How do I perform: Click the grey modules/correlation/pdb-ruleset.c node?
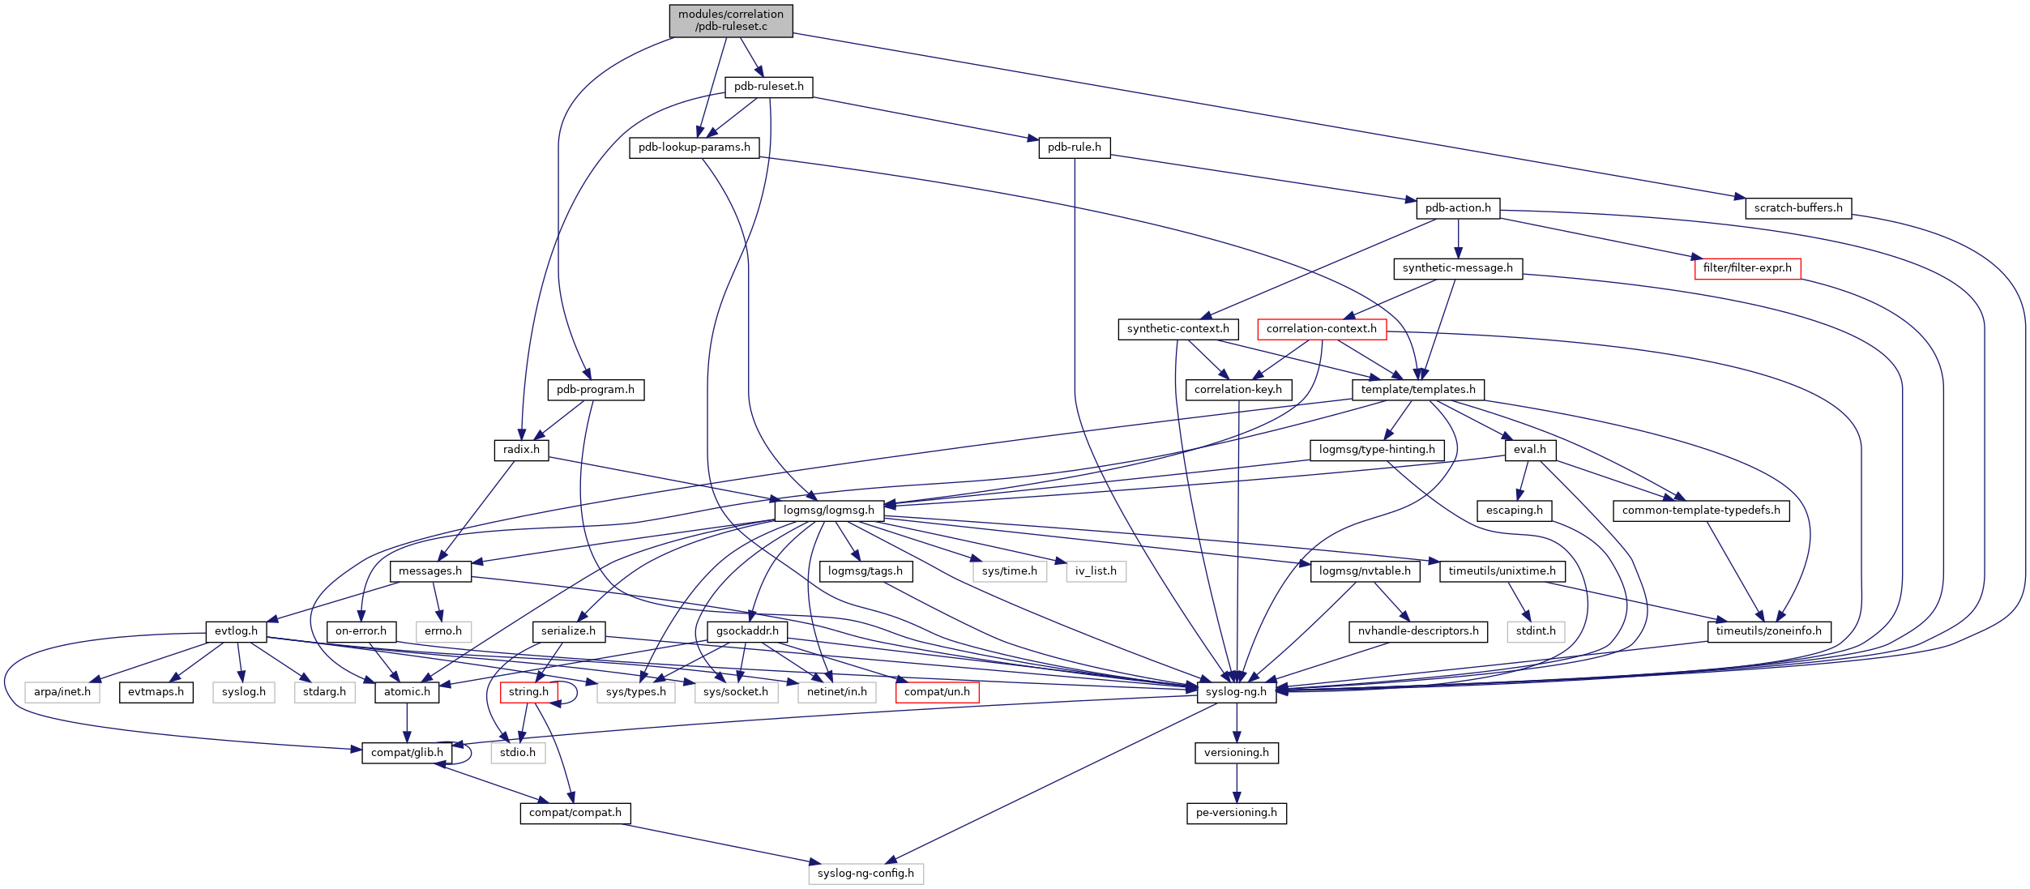pos(730,20)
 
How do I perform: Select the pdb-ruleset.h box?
pos(768,87)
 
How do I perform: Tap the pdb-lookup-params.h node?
pos(694,147)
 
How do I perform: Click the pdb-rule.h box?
pos(1074,147)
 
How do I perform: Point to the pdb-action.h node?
pos(1458,208)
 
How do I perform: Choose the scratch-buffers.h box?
pos(1797,208)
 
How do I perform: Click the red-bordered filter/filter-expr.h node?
pos(1747,268)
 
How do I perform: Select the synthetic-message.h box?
pos(1457,268)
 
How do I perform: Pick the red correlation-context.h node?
pos(1321,329)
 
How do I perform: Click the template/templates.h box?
pos(1418,390)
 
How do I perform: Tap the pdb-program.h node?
pos(595,390)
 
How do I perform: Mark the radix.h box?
pos(520,450)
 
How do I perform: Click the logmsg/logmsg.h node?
pos(828,511)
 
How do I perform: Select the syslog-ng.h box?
pos(1236,692)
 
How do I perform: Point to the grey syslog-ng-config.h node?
pos(865,874)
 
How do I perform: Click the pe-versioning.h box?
pos(1236,813)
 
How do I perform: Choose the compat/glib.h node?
pos(407,753)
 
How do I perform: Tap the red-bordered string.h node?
pos(528,692)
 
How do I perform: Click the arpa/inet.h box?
pos(62,692)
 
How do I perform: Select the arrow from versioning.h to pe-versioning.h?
pos(1237,783)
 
